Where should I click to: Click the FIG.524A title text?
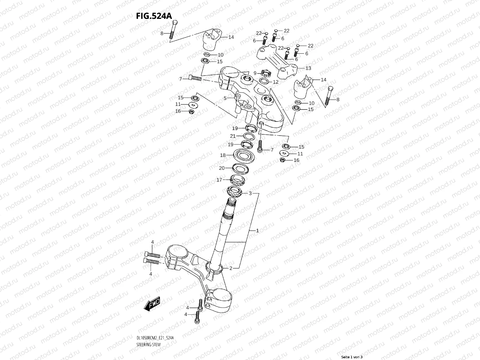[x=154, y=16]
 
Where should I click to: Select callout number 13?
[x=308, y=68]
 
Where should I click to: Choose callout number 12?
[x=276, y=82]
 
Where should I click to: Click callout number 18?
[x=223, y=155]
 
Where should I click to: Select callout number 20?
[x=222, y=168]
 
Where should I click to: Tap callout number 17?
[x=219, y=180]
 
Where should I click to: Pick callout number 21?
[x=233, y=136]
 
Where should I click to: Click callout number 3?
[x=250, y=193]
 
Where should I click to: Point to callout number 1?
[x=257, y=231]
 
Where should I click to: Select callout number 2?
[x=231, y=268]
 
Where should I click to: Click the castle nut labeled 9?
[x=266, y=73]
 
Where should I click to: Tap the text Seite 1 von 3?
[x=352, y=357]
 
